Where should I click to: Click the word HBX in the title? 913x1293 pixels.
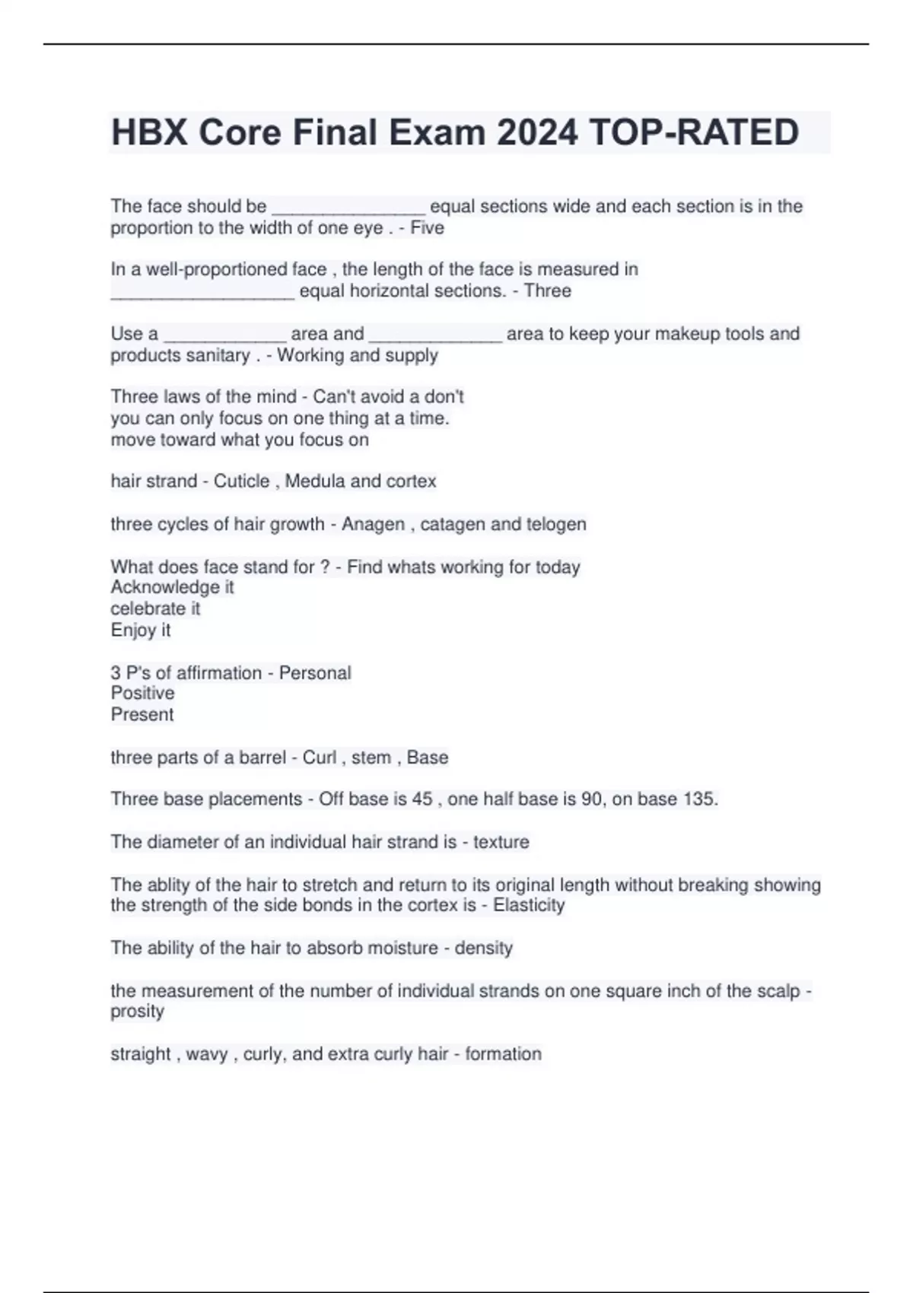click(x=150, y=132)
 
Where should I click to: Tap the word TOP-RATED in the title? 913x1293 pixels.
click(x=694, y=132)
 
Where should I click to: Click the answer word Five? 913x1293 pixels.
click(x=427, y=228)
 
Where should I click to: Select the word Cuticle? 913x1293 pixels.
click(x=241, y=481)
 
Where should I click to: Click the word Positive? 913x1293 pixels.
click(x=142, y=693)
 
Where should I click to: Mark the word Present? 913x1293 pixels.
click(x=142, y=714)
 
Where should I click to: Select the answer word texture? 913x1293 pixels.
click(x=501, y=842)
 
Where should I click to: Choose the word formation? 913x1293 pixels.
click(x=503, y=1054)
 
